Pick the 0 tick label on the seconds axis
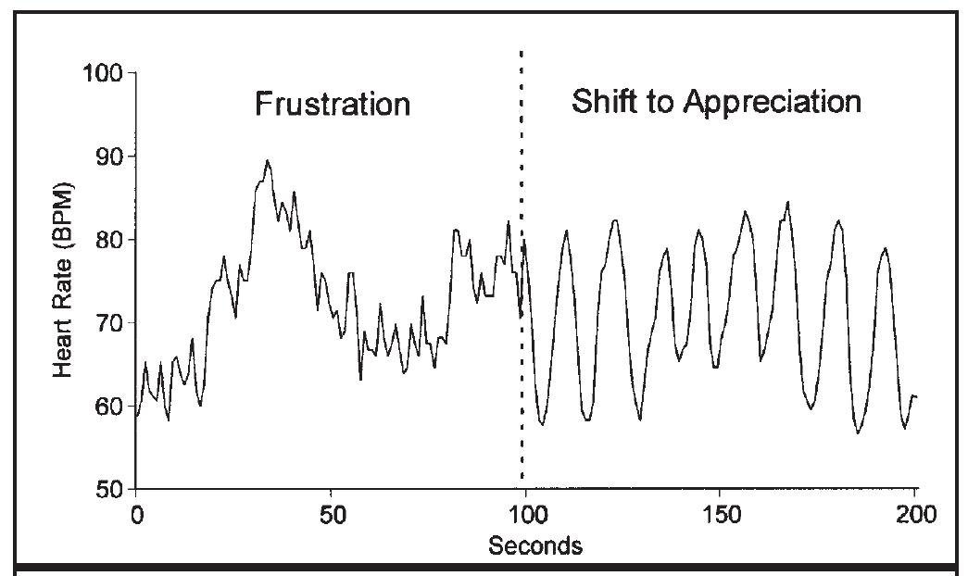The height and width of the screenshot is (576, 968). pyautogui.click(x=136, y=512)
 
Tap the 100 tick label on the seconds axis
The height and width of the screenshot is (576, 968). pyautogui.click(x=525, y=512)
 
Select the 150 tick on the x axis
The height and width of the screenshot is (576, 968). pyautogui.click(x=721, y=512)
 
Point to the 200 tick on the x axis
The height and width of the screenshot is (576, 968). pyautogui.click(x=915, y=512)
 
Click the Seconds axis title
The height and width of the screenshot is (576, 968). pyautogui.click(x=535, y=545)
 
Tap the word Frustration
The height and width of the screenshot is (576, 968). pyautogui.click(x=333, y=104)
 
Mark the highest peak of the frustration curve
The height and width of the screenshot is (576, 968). pyautogui.click(x=268, y=160)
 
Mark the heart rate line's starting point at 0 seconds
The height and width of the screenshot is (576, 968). pyautogui.click(x=137, y=417)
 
